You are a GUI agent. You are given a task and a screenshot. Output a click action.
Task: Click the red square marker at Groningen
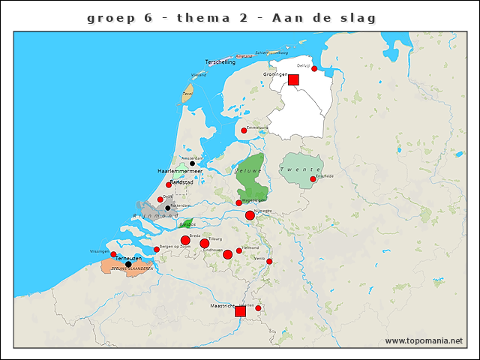coord(293,79)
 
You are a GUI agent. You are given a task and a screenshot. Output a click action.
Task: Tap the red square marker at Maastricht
coord(240,310)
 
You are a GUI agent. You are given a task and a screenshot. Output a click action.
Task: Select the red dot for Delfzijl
coord(314,69)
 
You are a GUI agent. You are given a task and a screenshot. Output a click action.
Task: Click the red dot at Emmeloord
coord(243,130)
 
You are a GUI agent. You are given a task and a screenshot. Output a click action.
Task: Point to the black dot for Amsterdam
coord(192,163)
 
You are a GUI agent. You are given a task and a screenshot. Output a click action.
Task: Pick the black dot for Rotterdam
coord(168,208)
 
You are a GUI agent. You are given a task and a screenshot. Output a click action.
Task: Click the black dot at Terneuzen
coord(128,264)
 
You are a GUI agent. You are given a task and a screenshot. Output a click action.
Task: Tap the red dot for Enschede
coord(313,179)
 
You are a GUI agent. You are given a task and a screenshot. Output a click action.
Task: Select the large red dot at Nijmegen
coord(250,215)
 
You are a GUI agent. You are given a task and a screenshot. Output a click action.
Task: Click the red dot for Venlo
coord(269,261)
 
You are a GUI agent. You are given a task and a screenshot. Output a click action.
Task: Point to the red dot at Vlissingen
coord(113,254)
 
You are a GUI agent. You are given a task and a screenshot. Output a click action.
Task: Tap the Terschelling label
coord(220,62)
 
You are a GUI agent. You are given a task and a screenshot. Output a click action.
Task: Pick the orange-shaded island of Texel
coord(187,94)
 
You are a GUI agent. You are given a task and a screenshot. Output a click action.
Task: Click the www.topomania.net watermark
coord(424,340)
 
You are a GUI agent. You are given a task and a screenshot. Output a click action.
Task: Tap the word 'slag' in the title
coord(357,16)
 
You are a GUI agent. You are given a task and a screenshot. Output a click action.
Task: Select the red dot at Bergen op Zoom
coord(156,250)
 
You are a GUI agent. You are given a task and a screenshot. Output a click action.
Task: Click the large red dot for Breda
coord(185,240)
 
